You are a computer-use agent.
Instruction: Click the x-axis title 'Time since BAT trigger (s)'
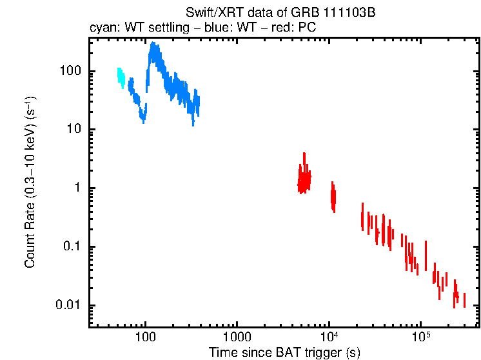284,352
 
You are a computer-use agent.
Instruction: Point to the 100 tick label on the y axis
69,71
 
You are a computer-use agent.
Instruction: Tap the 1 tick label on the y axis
75,188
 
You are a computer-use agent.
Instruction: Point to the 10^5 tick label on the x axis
420,336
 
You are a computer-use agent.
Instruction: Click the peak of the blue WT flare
153,45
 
